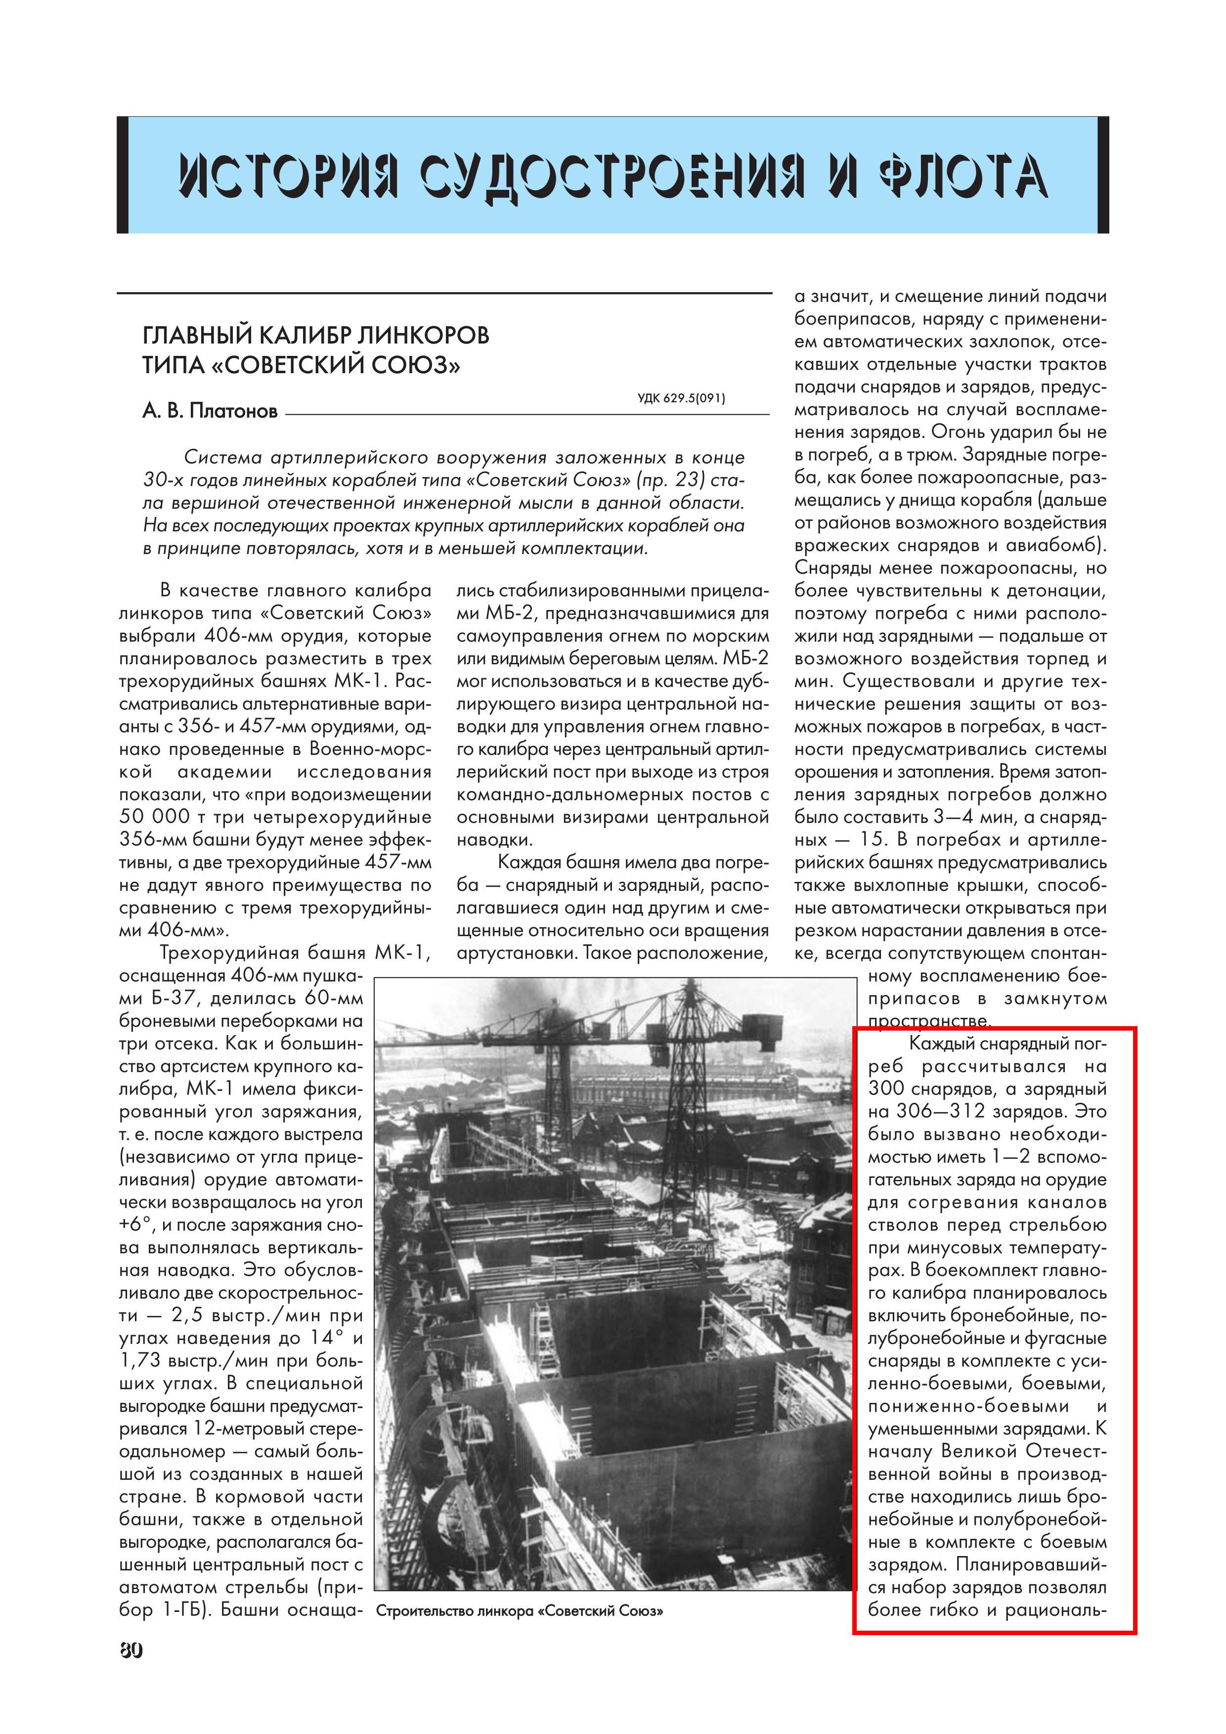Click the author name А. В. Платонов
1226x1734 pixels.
tap(210, 412)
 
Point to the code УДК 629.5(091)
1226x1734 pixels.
tap(681, 399)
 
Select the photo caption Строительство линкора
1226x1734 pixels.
tap(520, 1611)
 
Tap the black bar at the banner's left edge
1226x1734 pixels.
tap(123, 175)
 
